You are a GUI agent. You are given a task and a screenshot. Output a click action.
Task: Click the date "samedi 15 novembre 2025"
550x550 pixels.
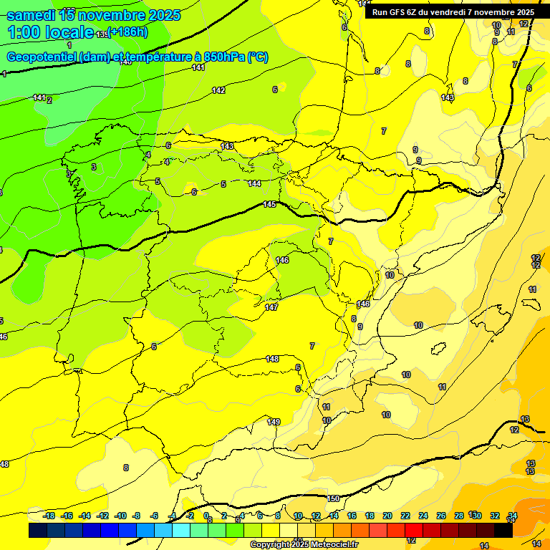93,14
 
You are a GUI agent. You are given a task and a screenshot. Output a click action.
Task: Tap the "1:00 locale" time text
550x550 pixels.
50,32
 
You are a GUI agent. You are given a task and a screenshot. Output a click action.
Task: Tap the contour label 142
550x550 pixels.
218,90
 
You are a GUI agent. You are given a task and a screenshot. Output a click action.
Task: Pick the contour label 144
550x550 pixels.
254,183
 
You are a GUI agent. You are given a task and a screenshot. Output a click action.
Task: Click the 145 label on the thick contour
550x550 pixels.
269,204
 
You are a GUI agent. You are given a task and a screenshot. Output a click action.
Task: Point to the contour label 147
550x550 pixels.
271,307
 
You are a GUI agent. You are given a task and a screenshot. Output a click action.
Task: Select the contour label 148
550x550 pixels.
272,359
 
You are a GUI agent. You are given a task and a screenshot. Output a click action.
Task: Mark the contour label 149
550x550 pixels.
274,422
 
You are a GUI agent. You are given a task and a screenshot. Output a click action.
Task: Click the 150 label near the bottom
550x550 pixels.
333,498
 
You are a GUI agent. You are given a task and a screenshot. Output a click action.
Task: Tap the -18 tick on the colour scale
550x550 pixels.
49,516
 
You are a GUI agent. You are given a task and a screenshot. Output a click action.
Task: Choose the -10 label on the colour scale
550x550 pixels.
120,516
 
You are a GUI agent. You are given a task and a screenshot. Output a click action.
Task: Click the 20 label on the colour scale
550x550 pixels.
387,516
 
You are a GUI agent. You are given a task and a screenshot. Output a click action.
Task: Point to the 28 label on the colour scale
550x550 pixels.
458,516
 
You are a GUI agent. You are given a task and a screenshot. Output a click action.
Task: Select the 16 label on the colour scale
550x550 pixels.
352,516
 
